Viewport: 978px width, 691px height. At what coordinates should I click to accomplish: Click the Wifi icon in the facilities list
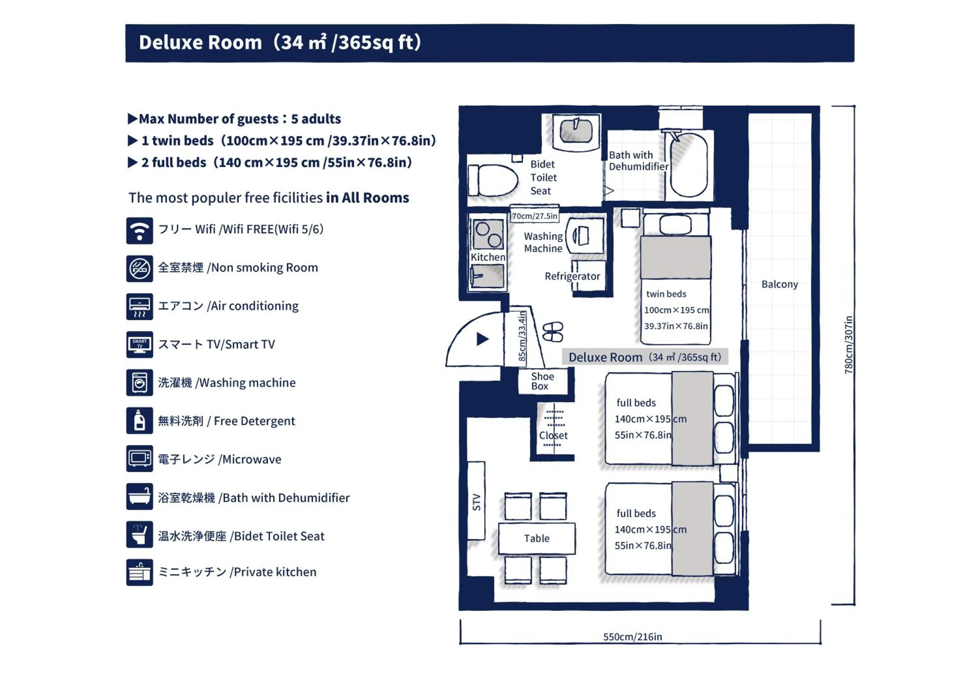click(x=139, y=231)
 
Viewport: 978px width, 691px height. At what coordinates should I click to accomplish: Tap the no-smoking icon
click(x=139, y=269)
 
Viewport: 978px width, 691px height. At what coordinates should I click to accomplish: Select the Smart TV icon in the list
click(x=139, y=345)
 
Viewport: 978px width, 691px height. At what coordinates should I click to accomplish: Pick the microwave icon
click(x=139, y=459)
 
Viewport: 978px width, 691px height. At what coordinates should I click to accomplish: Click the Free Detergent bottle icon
click(x=139, y=421)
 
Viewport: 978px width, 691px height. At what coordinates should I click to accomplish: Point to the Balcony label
click(x=779, y=285)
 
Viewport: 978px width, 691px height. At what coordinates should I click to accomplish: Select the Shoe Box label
click(x=542, y=381)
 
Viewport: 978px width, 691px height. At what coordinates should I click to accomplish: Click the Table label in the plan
click(x=537, y=538)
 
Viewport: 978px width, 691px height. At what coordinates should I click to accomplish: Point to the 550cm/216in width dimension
click(x=632, y=637)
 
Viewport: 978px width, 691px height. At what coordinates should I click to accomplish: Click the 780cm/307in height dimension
click(x=849, y=345)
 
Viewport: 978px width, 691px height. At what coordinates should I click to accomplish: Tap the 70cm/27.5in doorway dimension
click(x=535, y=216)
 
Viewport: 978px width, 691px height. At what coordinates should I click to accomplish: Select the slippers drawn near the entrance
click(x=553, y=332)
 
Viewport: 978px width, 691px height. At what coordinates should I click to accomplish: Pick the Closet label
click(x=553, y=435)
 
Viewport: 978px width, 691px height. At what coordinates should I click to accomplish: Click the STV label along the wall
click(x=476, y=502)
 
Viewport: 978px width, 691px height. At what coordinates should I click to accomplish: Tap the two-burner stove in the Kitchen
click(x=488, y=234)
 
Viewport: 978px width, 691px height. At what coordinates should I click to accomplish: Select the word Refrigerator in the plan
click(x=572, y=276)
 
